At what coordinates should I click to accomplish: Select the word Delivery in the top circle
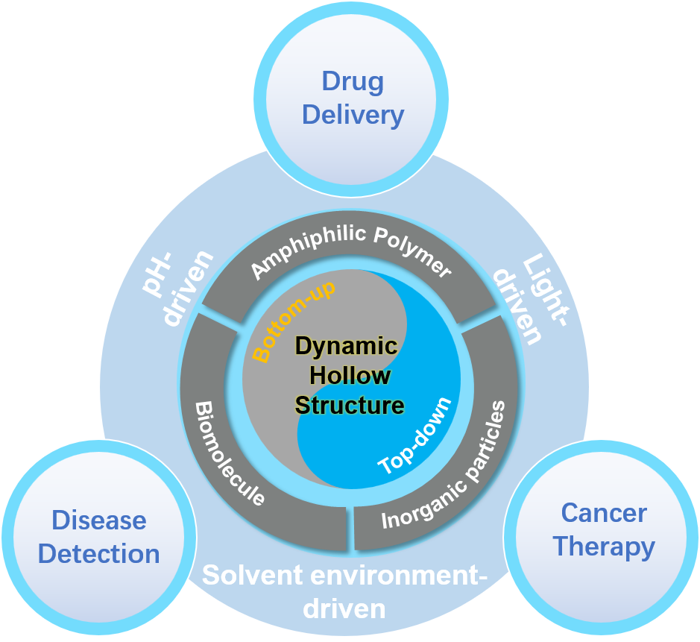(353, 116)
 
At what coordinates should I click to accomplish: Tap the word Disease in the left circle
(98, 520)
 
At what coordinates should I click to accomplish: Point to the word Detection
(99, 554)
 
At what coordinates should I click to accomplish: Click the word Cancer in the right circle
(604, 513)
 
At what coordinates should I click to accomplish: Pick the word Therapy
(604, 547)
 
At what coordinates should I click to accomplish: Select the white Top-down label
(415, 437)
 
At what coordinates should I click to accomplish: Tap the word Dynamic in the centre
(346, 346)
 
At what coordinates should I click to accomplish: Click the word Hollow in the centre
(350, 375)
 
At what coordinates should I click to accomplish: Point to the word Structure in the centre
(349, 405)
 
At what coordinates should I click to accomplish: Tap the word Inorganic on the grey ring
(417, 507)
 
